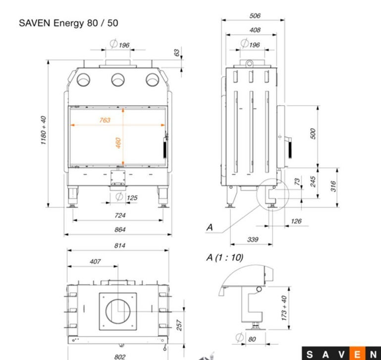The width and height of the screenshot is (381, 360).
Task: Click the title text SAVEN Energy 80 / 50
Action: click(x=68, y=23)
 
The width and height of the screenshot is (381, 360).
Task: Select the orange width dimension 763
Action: click(x=105, y=120)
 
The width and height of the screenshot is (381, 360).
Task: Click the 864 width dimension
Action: click(x=119, y=230)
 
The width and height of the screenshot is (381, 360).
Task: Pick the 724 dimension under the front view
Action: click(x=119, y=215)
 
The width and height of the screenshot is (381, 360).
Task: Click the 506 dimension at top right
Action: click(x=255, y=16)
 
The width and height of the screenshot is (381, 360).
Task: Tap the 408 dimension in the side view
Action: click(x=255, y=30)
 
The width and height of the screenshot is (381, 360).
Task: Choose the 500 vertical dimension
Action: click(x=313, y=133)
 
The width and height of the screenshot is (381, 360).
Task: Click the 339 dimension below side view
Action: click(x=252, y=240)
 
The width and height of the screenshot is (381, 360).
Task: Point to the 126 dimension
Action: click(x=296, y=221)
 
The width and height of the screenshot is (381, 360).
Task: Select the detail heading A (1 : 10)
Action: click(x=224, y=258)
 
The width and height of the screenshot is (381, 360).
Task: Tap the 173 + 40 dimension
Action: click(x=284, y=308)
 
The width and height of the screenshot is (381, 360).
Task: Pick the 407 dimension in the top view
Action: click(x=95, y=261)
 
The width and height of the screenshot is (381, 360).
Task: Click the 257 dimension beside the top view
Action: click(x=180, y=325)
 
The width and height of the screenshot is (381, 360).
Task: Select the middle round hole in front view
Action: click(x=118, y=79)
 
